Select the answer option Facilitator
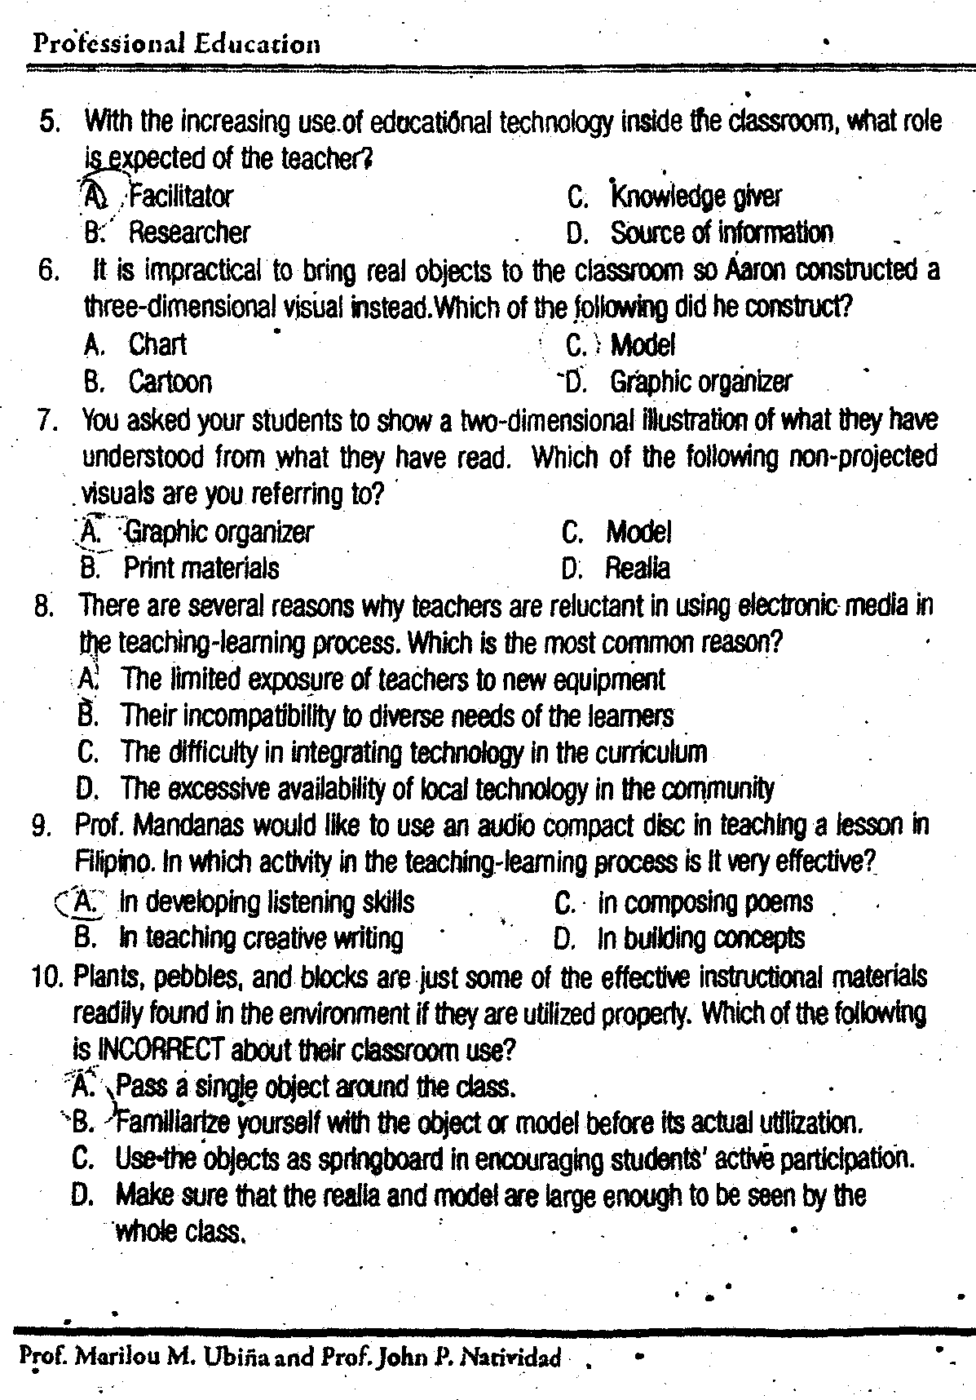point(181,197)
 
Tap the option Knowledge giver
point(696,197)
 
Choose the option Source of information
point(722,233)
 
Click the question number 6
point(49,270)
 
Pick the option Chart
point(157,345)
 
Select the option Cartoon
point(170,382)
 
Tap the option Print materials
point(201,568)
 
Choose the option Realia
point(637,568)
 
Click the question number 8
point(45,606)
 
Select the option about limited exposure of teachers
point(392,680)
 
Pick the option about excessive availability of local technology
point(447,789)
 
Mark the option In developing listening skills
point(267,902)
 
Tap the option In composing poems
point(705,902)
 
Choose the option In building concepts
point(700,939)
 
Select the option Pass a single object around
point(316,1087)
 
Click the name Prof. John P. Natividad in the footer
point(442,1358)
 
